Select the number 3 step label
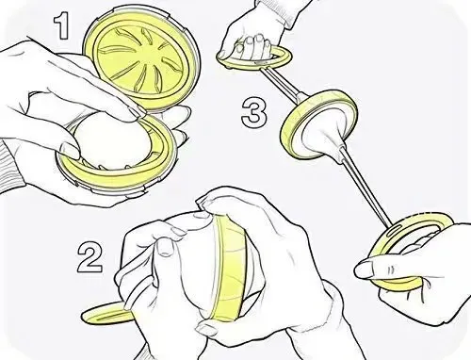pyautogui.click(x=254, y=111)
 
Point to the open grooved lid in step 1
pyautogui.click(x=141, y=58)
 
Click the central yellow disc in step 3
pyautogui.click(x=317, y=124)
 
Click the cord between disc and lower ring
pyautogui.click(x=365, y=188)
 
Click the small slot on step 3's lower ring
pyautogui.click(x=395, y=229)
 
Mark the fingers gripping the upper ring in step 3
pyautogui.click(x=252, y=46)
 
